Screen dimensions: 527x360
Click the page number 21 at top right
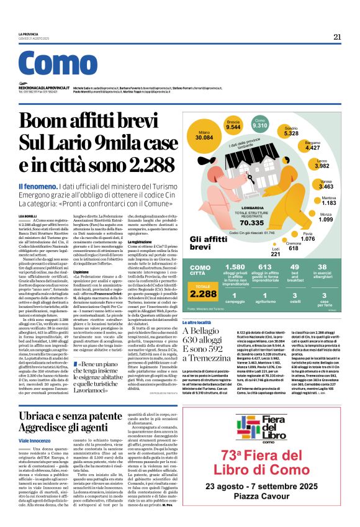pyautogui.click(x=337, y=37)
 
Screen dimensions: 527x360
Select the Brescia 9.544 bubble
pyautogui.click(x=233, y=124)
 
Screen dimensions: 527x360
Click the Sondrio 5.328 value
pyautogui.click(x=291, y=133)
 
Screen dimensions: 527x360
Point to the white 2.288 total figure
pyautogui.click(x=203, y=294)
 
